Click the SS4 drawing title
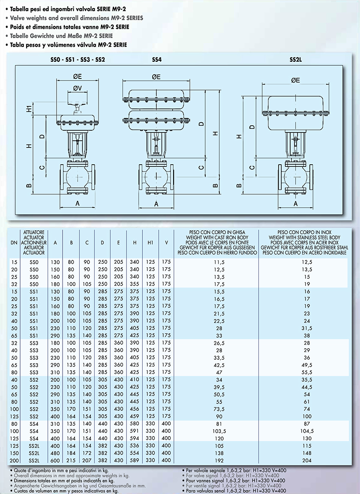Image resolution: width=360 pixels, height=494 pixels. tap(157, 60)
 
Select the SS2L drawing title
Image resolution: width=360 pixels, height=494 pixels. tap(296, 60)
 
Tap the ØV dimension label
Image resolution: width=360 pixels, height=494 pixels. tap(78, 88)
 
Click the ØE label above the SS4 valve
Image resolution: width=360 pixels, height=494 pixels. tap(156, 77)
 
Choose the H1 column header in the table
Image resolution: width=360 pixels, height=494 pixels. tap(150, 242)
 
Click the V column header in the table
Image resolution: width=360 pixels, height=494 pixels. tap(166, 242)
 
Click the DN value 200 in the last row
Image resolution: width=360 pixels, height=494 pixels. tap(15, 461)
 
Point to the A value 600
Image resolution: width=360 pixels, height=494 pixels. tap(55, 461)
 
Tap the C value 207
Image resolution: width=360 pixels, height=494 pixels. tap(87, 461)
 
